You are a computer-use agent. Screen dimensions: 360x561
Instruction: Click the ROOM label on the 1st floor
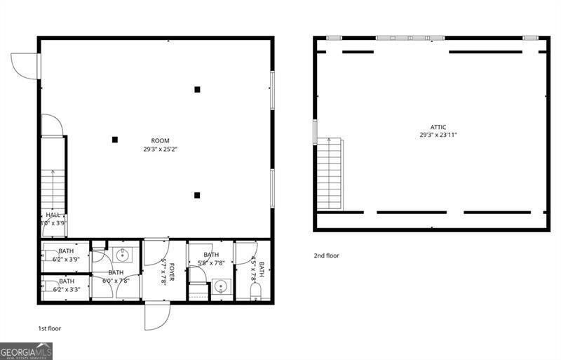point(160,141)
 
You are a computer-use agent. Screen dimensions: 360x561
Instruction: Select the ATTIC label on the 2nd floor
point(433,127)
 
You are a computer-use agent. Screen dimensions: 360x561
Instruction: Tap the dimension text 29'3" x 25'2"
point(160,149)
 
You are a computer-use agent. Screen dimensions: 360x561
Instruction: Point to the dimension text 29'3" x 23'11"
point(438,135)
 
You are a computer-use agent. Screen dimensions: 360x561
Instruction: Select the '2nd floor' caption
point(326,255)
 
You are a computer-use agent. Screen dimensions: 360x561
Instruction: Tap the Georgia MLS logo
point(26,351)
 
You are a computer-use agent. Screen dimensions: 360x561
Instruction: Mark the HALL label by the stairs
point(53,215)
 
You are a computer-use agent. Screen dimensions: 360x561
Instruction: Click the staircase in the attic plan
point(330,174)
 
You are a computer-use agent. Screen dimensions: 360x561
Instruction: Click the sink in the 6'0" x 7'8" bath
point(121,253)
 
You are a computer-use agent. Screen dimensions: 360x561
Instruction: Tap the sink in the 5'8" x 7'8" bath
point(222,286)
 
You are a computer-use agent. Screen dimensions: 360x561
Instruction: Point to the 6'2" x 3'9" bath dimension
point(66,258)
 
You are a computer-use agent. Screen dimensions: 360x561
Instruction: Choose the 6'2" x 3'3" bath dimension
point(66,288)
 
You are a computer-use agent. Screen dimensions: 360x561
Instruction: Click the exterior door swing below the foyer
point(157,316)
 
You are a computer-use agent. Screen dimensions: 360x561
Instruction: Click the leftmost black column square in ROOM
point(115,140)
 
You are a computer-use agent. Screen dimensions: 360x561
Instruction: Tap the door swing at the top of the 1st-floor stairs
point(52,126)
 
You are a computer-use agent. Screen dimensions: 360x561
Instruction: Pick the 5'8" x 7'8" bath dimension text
point(211,263)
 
